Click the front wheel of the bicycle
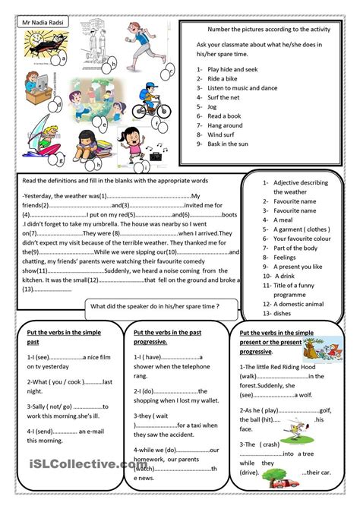click(163, 111)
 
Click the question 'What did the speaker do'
click(154, 305)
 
